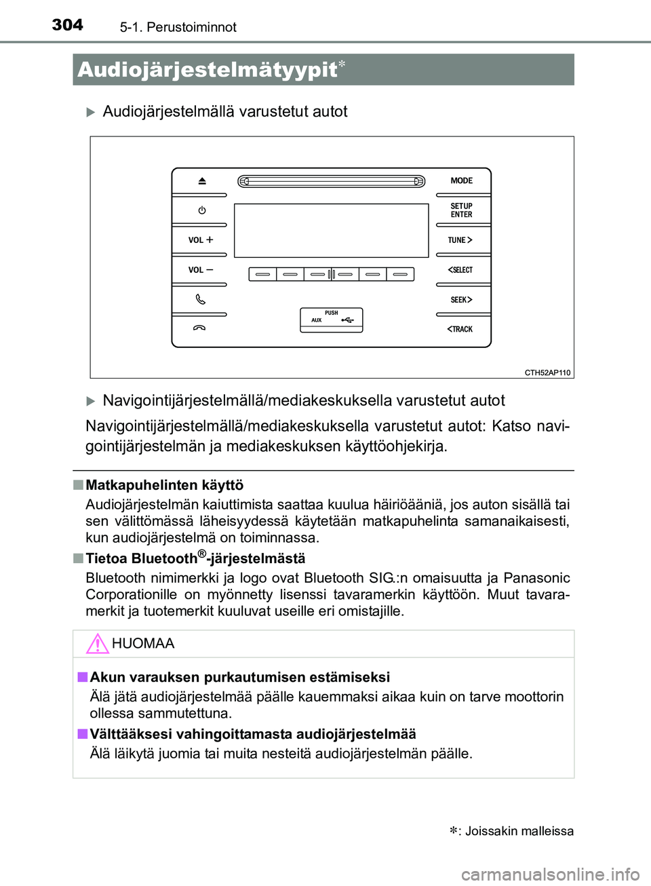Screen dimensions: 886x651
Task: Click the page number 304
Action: click(x=68, y=25)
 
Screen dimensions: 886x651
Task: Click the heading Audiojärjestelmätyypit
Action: click(x=208, y=70)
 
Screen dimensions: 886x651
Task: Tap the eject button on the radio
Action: click(x=201, y=181)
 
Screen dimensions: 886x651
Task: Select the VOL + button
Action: click(x=200, y=240)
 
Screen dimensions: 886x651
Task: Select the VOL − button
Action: click(x=200, y=270)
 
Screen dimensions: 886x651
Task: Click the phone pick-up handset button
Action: click(x=200, y=299)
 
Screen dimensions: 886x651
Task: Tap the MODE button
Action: click(x=462, y=181)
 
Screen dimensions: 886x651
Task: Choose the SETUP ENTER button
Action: click(x=462, y=210)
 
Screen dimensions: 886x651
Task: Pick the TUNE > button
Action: click(x=460, y=240)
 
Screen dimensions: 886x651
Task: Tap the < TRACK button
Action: click(x=460, y=329)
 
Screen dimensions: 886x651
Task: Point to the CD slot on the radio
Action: click(x=332, y=181)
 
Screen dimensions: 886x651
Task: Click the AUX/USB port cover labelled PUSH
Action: click(x=332, y=320)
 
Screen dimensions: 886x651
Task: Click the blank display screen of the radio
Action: click(x=332, y=230)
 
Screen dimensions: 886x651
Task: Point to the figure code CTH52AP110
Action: click(x=547, y=372)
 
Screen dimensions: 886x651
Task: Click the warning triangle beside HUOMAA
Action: click(x=98, y=643)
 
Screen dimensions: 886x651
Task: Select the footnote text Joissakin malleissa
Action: click(x=519, y=831)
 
